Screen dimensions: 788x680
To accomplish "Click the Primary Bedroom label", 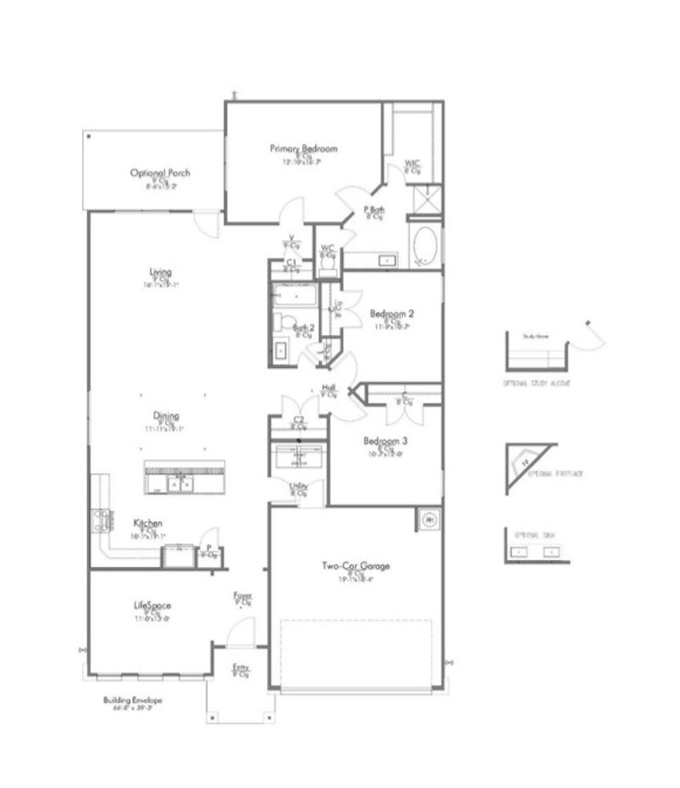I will click(x=303, y=148).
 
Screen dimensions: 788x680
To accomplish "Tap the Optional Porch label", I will click(x=160, y=173).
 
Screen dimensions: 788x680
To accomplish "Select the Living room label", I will click(x=161, y=272).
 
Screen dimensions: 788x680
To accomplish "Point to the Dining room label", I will click(x=166, y=416).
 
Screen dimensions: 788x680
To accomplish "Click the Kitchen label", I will click(x=147, y=523).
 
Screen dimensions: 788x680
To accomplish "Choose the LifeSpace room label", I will click(x=153, y=605).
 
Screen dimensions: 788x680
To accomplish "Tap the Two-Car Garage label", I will click(x=356, y=566).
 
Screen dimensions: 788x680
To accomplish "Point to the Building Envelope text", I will click(x=133, y=700).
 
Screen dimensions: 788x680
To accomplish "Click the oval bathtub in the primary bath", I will click(x=425, y=246).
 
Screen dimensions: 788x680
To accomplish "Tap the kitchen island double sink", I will click(x=180, y=484).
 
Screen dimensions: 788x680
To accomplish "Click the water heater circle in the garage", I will click(x=429, y=518).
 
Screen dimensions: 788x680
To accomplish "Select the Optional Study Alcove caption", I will click(x=537, y=384).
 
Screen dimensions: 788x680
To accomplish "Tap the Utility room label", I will click(x=298, y=486).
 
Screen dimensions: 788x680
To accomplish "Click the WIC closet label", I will click(x=412, y=164).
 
